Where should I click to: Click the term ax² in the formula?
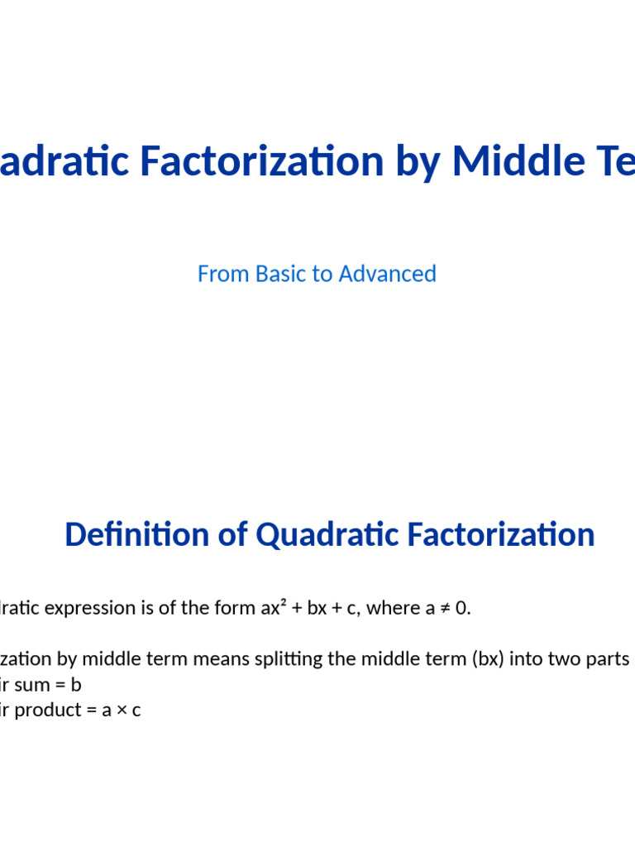pos(272,608)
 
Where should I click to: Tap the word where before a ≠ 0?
pos(393,608)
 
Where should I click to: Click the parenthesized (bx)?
pos(455,659)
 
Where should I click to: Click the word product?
pos(50,711)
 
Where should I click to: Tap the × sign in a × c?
pos(120,711)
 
